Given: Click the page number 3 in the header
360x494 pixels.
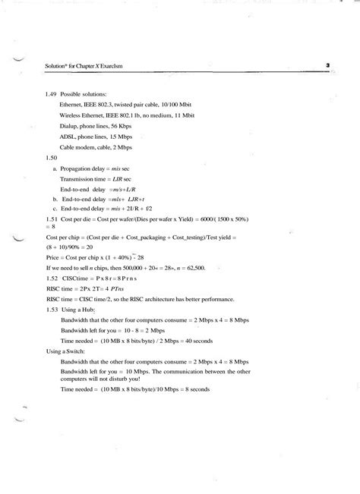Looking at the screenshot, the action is tap(327, 65).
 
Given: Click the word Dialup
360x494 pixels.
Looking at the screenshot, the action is tap(69, 125).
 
